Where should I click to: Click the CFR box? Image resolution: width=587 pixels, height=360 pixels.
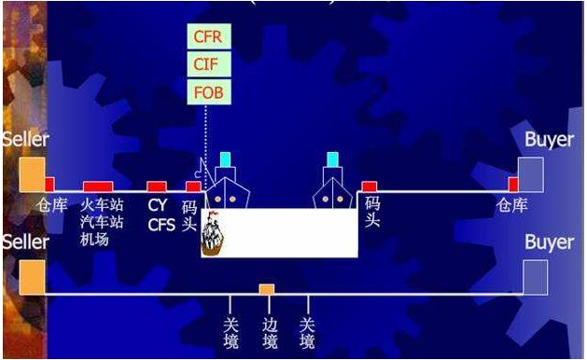click(x=208, y=37)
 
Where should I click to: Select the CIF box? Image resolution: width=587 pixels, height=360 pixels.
click(x=208, y=65)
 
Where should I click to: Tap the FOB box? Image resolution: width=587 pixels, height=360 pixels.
click(x=208, y=92)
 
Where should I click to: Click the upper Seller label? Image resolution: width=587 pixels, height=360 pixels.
click(x=25, y=140)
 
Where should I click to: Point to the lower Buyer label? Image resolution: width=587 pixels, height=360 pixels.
click(x=549, y=242)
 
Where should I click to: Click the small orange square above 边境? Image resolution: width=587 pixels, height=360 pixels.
click(x=267, y=289)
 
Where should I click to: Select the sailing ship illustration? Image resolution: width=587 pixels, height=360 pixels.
click(x=214, y=233)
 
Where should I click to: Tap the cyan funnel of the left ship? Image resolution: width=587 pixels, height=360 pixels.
click(x=225, y=159)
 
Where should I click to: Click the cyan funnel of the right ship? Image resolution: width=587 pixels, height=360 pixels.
click(x=333, y=159)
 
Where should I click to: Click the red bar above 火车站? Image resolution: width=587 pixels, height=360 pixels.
click(x=98, y=187)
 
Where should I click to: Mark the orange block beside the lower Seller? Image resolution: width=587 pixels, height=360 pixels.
click(x=31, y=277)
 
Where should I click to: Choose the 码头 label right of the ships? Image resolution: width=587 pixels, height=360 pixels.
click(x=371, y=213)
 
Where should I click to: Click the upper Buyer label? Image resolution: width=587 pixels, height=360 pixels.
click(x=549, y=140)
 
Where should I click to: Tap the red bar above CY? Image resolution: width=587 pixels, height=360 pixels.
click(x=157, y=187)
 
